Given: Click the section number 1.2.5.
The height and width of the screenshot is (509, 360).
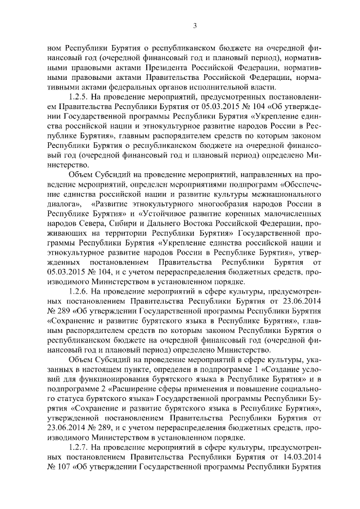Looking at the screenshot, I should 79,96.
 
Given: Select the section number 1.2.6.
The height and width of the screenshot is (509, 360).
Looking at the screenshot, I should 79,292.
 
